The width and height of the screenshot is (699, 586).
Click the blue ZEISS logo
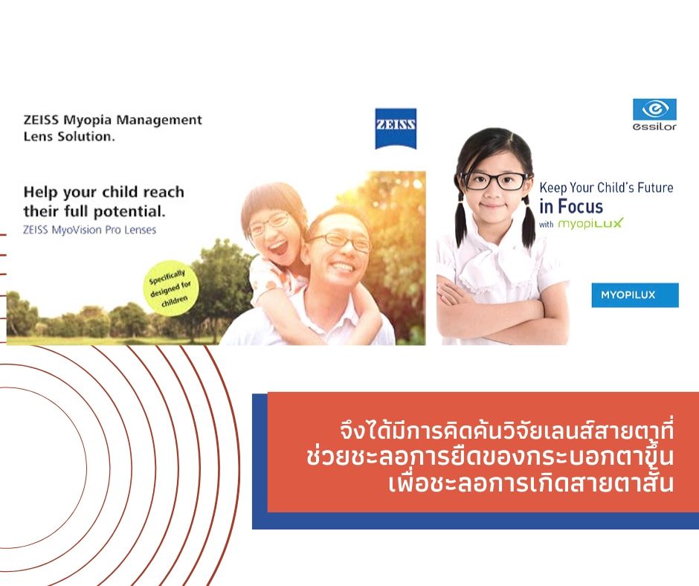pyautogui.click(x=396, y=128)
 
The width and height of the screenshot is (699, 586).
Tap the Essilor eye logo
pyautogui.click(x=654, y=110)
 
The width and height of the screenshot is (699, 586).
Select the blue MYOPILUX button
pyautogui.click(x=635, y=294)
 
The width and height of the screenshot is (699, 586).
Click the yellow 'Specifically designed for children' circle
pyautogui.click(x=170, y=288)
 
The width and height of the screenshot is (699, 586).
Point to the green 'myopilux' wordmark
pyautogui.click(x=590, y=223)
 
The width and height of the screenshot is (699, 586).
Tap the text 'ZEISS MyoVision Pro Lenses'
pyautogui.click(x=89, y=230)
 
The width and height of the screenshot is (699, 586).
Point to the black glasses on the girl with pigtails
pyautogui.click(x=495, y=181)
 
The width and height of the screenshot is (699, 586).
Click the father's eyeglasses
pyautogui.click(x=341, y=242)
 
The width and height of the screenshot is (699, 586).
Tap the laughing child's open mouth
pyautogui.click(x=279, y=247)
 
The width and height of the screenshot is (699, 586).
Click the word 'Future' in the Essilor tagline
pyautogui.click(x=655, y=187)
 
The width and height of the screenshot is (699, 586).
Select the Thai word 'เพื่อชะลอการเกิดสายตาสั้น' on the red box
pyautogui.click(x=530, y=483)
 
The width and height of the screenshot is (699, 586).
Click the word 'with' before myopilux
pyautogui.click(x=546, y=225)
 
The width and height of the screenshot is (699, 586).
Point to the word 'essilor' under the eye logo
pyautogui.click(x=654, y=126)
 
